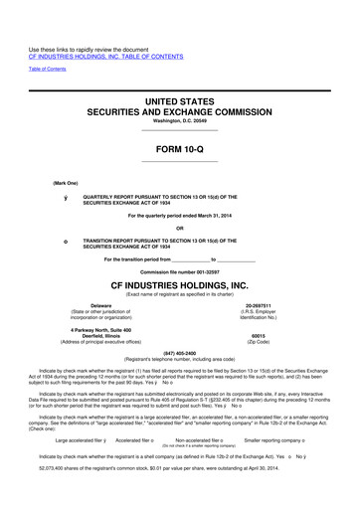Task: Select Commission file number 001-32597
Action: pyautogui.click(x=180, y=271)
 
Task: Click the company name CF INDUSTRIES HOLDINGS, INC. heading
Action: pyautogui.click(x=179, y=284)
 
